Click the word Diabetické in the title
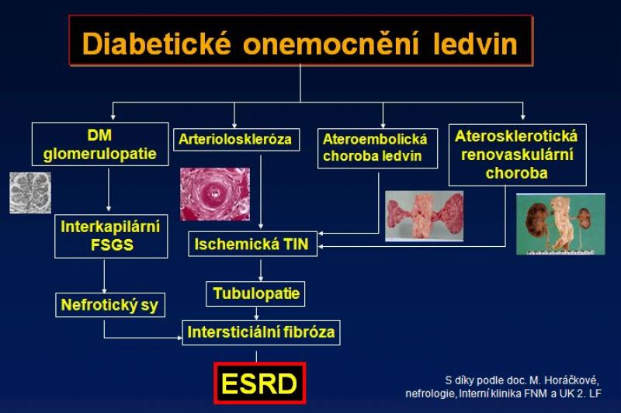157,43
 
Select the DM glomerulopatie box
100,144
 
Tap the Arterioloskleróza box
237,140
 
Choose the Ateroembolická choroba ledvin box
377,148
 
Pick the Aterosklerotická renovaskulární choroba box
517,154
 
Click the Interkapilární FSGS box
111,237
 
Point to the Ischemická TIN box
253,244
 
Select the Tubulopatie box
255,293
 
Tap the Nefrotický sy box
110,305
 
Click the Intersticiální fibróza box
261,332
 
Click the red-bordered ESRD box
260,383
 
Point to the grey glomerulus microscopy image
30,193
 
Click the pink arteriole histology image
215,194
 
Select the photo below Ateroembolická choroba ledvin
424,216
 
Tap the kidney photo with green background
560,224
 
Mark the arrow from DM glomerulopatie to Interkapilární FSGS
109,189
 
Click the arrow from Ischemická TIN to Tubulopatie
261,270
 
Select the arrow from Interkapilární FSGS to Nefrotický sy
105,276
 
